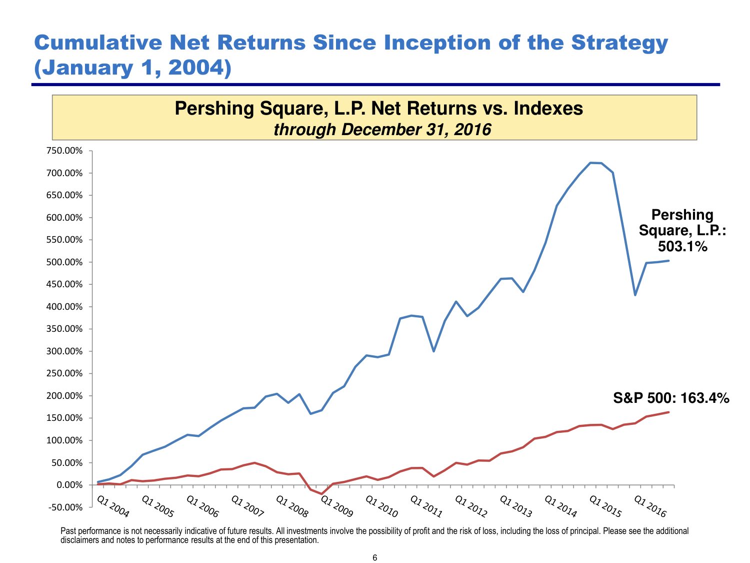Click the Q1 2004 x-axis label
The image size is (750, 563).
[x=112, y=506]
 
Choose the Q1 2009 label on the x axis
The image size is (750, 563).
[x=336, y=506]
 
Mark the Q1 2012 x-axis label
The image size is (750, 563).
[x=470, y=506]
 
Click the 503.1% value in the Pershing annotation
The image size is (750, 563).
[x=682, y=246]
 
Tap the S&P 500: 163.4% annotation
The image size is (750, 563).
[x=671, y=398]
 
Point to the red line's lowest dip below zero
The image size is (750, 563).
[x=321, y=494]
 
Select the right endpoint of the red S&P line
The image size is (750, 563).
[x=668, y=412]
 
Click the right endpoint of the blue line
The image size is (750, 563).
[x=668, y=261]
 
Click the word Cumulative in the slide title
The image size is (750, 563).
[x=98, y=43]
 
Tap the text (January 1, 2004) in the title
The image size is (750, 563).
[x=132, y=68]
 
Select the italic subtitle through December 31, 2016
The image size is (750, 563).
[x=382, y=130]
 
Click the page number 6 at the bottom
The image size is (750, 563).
[x=375, y=558]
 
